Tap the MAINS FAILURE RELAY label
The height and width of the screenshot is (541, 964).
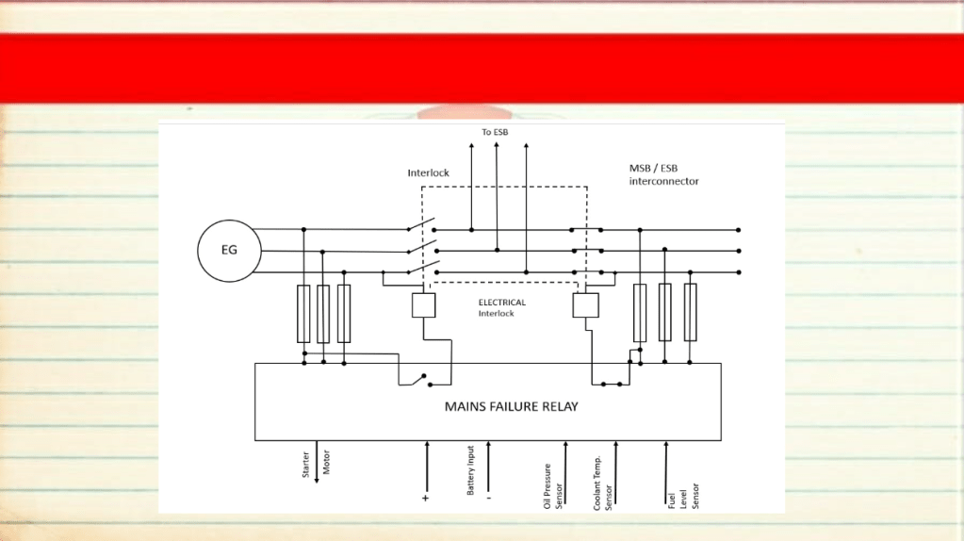512,406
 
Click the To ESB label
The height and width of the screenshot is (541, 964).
495,132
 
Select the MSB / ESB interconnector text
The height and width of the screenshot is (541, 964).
664,174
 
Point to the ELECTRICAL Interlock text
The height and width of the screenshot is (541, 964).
502,308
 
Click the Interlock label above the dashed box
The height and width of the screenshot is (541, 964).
429,172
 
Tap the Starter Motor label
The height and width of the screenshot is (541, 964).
316,464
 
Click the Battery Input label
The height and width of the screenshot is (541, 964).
471,471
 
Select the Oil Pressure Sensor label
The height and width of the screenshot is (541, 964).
553,486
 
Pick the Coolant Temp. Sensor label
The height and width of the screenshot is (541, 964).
603,484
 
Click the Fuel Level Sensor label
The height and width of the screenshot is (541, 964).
683,496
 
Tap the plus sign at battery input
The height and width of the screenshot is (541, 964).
425,498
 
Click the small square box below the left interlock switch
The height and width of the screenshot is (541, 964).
424,305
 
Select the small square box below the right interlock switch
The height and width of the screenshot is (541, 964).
586,305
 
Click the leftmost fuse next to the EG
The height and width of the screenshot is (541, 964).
303,314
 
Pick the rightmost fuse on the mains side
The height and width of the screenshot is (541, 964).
691,312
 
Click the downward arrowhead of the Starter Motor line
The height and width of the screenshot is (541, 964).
317,479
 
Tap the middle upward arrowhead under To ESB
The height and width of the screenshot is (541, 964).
497,145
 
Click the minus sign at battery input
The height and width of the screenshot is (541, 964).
489,498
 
